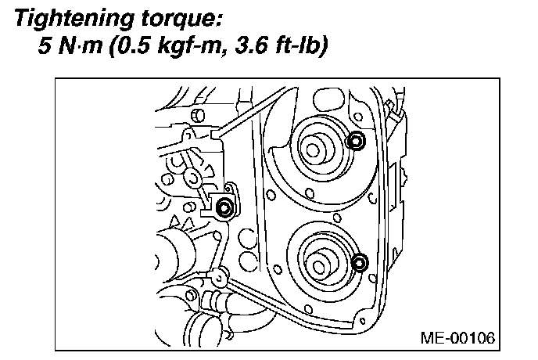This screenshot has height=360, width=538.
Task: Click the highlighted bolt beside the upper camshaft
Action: (355, 142)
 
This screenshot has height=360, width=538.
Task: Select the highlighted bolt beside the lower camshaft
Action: (360, 262)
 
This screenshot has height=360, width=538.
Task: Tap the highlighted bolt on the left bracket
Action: (224, 208)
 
